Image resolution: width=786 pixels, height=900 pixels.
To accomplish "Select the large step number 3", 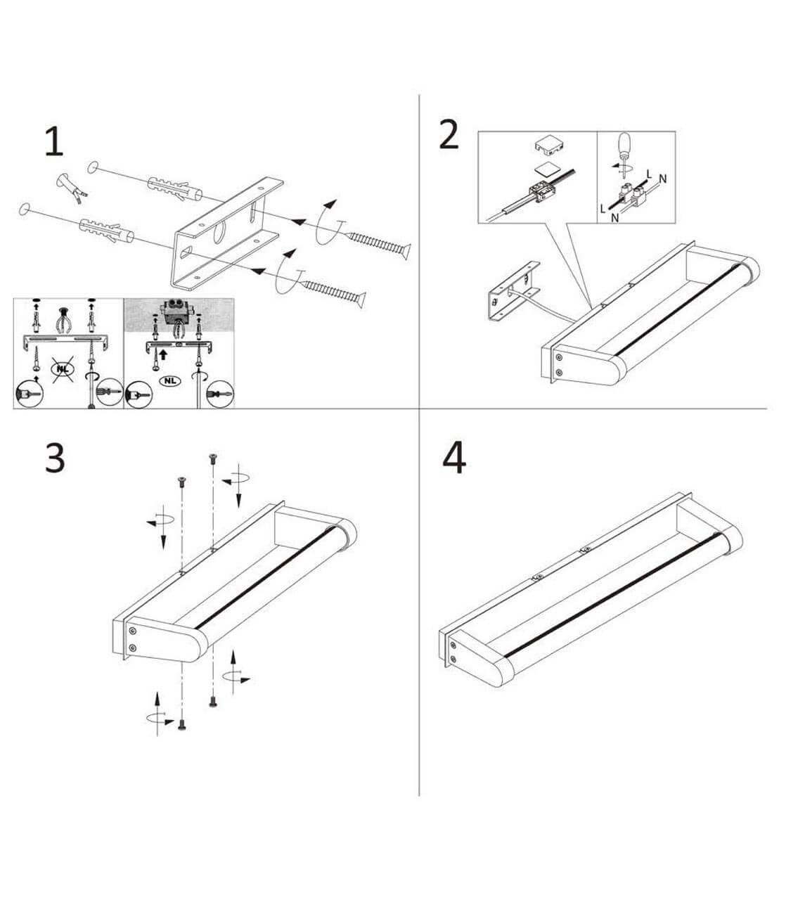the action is (x=55, y=458).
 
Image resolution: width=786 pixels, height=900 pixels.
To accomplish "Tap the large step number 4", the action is (x=454, y=458).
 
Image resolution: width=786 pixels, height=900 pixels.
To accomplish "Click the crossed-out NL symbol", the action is (x=63, y=368).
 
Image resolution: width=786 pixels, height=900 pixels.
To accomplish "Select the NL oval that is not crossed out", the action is (x=169, y=380).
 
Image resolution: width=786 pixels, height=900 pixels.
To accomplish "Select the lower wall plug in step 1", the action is (x=106, y=231).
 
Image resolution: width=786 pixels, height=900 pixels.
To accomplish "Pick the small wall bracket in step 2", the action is (x=515, y=291).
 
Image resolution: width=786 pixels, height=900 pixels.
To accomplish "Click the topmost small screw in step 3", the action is (x=213, y=458).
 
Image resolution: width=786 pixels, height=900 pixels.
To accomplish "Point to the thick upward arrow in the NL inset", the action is (x=163, y=354).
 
